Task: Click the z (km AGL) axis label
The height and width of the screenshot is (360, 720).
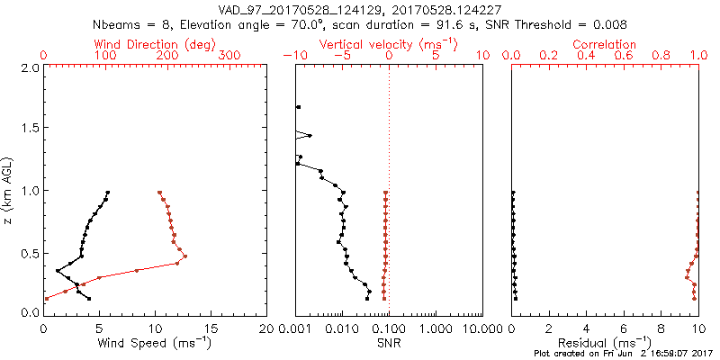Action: tap(10, 189)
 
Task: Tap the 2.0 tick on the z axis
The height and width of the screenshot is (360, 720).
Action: tap(30, 68)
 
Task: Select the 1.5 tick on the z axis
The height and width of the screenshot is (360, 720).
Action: tap(30, 129)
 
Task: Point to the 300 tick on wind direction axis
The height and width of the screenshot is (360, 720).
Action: tap(229, 56)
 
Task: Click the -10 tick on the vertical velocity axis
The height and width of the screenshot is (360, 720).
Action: tap(293, 56)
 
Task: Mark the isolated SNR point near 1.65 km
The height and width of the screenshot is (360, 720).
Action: tap(298, 107)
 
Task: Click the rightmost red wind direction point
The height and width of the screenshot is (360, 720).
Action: tap(184, 256)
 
